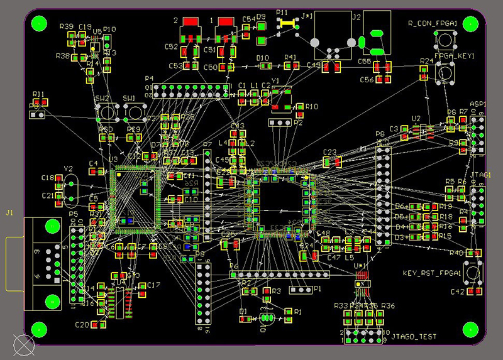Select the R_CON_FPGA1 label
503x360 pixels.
pyautogui.click(x=441, y=23)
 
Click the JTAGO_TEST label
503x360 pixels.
pyautogui.click(x=412, y=337)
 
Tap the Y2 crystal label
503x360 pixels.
pyautogui.click(x=69, y=169)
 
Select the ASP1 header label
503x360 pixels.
pyautogui.click(x=478, y=104)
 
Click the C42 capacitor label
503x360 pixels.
pyautogui.click(x=458, y=292)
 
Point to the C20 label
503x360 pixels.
pyautogui.click(x=82, y=325)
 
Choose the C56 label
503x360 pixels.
pyautogui.click(x=367, y=80)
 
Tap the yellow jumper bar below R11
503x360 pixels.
pyautogui.click(x=287, y=23)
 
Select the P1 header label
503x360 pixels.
pyautogui.click(x=317, y=289)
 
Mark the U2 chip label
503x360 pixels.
pyautogui.click(x=416, y=118)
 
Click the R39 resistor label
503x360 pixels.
pyautogui.click(x=66, y=26)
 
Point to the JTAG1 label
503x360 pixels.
pyautogui.click(x=480, y=177)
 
